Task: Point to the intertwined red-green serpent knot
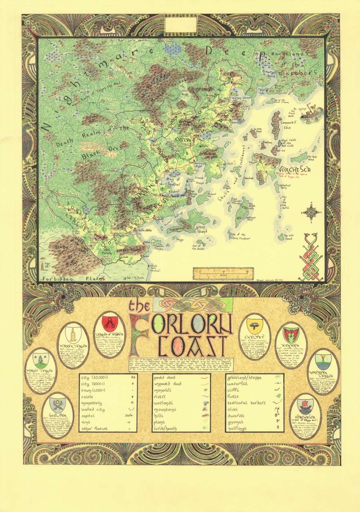click(312, 254)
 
